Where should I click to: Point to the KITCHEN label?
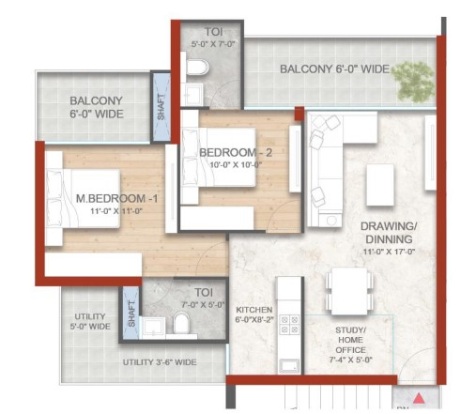(253, 309)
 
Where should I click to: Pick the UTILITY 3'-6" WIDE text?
(160, 361)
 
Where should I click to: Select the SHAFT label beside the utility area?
(131, 314)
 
